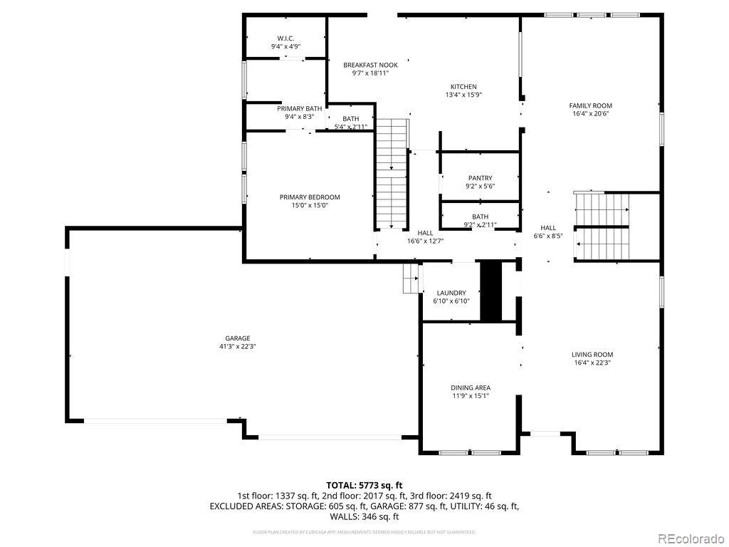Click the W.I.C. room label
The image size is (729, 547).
(x=285, y=38)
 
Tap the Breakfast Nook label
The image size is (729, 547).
(x=370, y=65)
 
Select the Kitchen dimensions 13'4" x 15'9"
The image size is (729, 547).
(x=463, y=95)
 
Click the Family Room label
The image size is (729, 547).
(x=590, y=105)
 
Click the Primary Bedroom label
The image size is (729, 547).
(x=309, y=197)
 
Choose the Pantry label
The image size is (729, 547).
(x=480, y=178)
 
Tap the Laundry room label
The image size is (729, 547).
(x=451, y=293)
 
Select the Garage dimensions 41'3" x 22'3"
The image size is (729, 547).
(x=238, y=347)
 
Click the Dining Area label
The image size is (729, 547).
(x=471, y=387)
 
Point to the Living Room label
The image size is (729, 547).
(x=592, y=354)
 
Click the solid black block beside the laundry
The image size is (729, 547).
(x=491, y=291)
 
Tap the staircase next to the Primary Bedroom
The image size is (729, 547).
(x=391, y=174)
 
